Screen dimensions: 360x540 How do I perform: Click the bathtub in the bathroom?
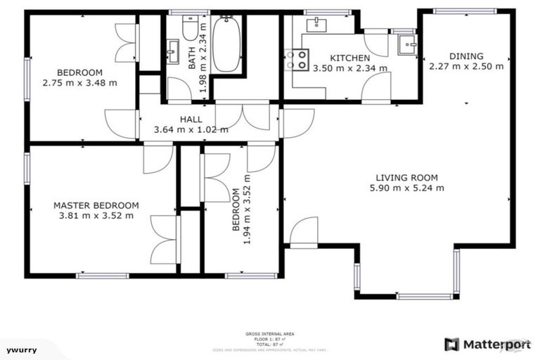226,45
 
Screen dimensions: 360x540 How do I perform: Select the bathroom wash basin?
173,51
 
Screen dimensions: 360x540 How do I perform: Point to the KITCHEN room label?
349,58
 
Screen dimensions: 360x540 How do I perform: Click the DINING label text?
466,56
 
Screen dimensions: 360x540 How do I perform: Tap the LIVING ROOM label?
406,178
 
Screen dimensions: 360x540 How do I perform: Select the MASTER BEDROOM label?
96,205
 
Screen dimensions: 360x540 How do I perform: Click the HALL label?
191,120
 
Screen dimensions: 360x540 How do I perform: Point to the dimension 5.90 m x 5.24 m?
406,188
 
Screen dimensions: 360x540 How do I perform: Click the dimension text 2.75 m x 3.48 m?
79,82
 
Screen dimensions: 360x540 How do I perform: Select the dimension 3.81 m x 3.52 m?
96,215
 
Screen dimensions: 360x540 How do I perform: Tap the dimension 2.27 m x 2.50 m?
466,67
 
